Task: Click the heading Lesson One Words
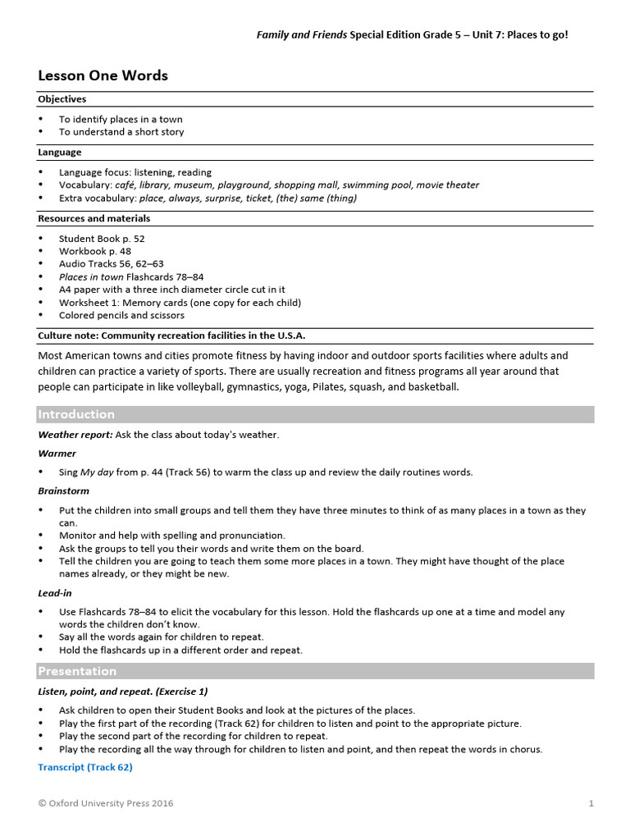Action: click(103, 75)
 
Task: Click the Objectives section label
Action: click(62, 99)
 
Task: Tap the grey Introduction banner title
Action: click(76, 414)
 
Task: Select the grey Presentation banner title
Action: click(77, 671)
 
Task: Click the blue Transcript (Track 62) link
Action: click(85, 767)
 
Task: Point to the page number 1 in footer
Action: click(591, 803)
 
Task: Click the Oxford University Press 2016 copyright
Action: click(106, 803)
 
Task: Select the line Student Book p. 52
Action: click(102, 239)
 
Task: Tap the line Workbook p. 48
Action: click(94, 251)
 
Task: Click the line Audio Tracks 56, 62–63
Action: click(111, 264)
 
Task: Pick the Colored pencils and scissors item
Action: click(121, 315)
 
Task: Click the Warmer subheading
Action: click(57, 453)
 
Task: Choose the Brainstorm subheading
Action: click(63, 491)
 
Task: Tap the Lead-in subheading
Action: click(55, 592)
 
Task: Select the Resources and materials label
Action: click(94, 219)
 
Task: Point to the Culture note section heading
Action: click(171, 336)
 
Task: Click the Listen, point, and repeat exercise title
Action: click(122, 691)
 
